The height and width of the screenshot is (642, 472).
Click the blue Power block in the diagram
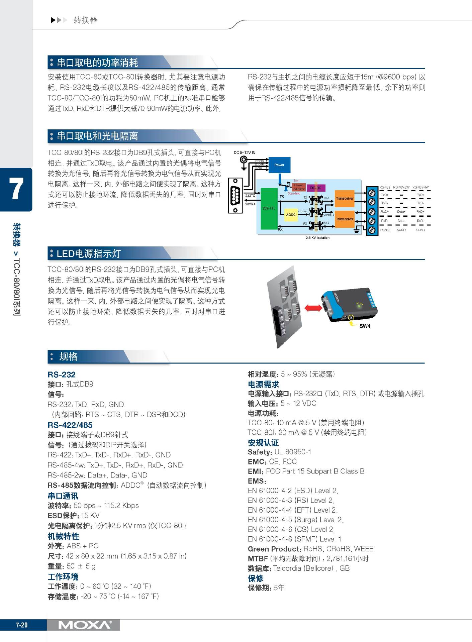pos(279,165)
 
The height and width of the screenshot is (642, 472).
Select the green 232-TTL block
pos(269,208)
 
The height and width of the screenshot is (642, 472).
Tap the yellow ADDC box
pos(291,215)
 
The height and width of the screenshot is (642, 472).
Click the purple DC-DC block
pos(316,188)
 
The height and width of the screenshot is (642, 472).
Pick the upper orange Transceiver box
pos(345,199)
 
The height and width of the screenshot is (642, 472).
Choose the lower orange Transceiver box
pos(345,219)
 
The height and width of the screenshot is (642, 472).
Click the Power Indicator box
pos(298,187)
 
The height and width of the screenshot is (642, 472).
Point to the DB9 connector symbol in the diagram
pos(235,196)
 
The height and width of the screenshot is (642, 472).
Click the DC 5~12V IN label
pos(245,152)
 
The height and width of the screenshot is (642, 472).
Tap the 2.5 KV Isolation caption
pos(317,238)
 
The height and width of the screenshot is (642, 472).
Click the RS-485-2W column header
pos(401,187)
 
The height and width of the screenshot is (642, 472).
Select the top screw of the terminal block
pos(372,193)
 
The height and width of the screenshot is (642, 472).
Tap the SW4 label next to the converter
pos(365,326)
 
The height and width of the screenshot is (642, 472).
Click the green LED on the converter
pos(359,305)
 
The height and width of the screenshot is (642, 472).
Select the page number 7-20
pos(22,625)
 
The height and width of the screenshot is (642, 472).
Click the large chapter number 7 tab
pos(16,189)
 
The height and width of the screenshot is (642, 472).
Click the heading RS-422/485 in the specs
pos(70,425)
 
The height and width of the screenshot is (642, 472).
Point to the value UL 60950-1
pos(293,452)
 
